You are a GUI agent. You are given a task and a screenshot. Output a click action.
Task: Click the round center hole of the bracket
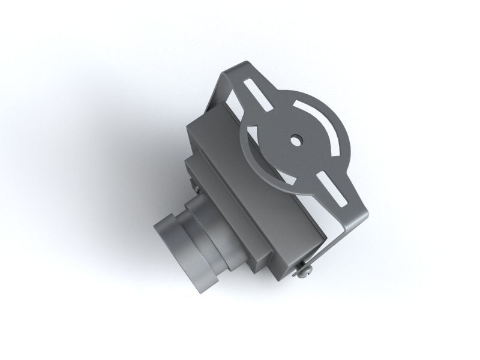pyautogui.click(x=295, y=140)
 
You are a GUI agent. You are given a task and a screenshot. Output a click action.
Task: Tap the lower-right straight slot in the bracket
pyautogui.click(x=332, y=188)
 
